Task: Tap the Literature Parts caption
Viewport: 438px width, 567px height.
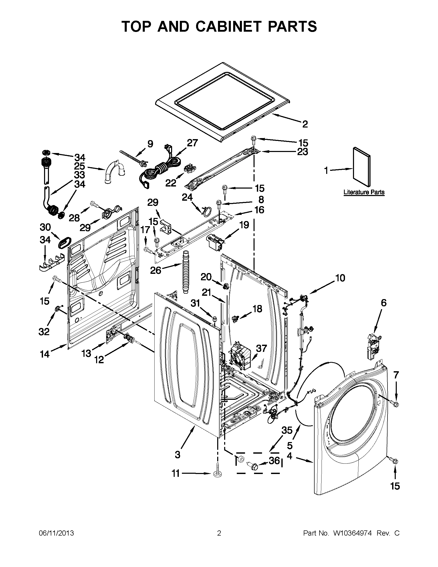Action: click(x=364, y=192)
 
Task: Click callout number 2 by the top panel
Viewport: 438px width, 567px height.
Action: click(x=305, y=124)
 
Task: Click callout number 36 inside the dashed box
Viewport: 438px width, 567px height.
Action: click(x=274, y=461)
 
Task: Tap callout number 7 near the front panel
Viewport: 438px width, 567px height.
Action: click(x=396, y=375)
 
